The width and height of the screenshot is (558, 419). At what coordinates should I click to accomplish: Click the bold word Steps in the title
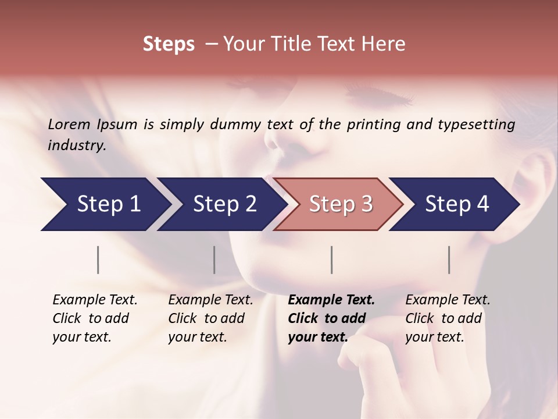click(169, 44)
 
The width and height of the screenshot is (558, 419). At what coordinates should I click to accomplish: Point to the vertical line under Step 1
click(98, 260)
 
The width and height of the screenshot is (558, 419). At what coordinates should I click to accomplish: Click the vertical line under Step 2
click(214, 260)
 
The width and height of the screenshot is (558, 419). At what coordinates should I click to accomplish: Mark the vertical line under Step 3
click(332, 260)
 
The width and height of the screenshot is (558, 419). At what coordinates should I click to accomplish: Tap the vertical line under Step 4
click(449, 260)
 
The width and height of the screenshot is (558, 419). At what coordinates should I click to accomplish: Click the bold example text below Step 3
click(331, 318)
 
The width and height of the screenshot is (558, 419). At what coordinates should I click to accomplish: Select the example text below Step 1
click(95, 318)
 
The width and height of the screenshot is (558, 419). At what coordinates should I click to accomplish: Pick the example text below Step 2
click(210, 318)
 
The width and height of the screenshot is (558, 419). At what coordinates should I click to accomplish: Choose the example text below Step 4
click(448, 318)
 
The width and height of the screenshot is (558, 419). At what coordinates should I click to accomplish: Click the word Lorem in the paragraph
click(69, 124)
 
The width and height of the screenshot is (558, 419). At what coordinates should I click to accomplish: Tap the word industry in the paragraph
click(76, 145)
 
